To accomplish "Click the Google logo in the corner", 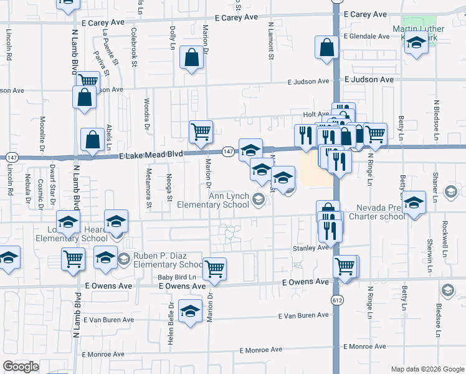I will pyautogui.click(x=21, y=367).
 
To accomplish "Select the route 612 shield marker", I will pyautogui.click(x=337, y=300).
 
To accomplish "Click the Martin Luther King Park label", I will pyautogui.click(x=418, y=33).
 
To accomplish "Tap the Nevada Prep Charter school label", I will pyautogui.click(x=381, y=213).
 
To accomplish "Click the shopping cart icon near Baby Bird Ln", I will pyautogui.click(x=214, y=269).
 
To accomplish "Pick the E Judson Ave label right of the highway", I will pyautogui.click(x=369, y=80).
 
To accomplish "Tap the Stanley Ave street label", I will pyautogui.click(x=310, y=247).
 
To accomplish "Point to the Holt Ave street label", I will pyautogui.click(x=316, y=114).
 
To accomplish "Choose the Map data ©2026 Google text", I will pyautogui.click(x=427, y=369).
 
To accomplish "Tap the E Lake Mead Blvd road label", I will pyautogui.click(x=153, y=158).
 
